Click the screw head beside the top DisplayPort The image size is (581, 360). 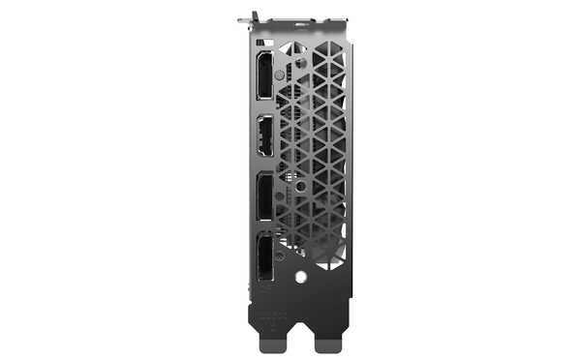[x=279, y=74]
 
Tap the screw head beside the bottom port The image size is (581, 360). [x=279, y=257]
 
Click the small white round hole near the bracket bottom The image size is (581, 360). [x=300, y=276]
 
